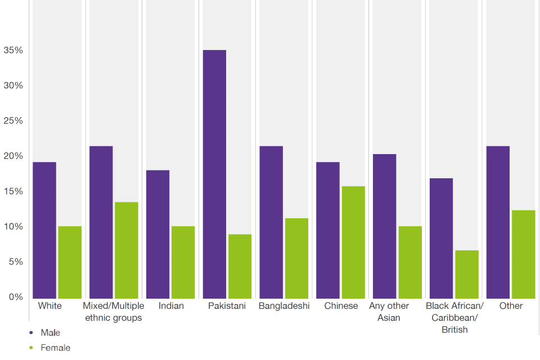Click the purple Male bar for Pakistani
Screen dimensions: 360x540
tap(214, 174)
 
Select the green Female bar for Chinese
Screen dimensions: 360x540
tap(353, 242)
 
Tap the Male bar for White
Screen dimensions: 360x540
tap(44, 230)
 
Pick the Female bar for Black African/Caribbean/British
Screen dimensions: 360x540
tap(467, 274)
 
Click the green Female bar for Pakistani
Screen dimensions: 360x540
tap(240, 266)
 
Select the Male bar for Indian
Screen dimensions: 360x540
tap(157, 234)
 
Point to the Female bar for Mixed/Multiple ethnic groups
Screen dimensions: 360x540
tap(127, 250)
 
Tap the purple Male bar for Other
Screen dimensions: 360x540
tap(498, 222)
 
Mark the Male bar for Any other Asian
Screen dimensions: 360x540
tap(384, 226)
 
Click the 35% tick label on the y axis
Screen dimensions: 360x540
tap(13, 50)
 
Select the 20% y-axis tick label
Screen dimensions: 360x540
tap(13, 156)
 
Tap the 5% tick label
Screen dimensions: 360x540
tap(16, 262)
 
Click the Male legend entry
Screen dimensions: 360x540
tap(50, 332)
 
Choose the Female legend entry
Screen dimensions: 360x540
tap(55, 348)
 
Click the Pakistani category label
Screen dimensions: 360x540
tap(227, 306)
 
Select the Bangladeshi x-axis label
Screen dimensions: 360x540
tap(284, 306)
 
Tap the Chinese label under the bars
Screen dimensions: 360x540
tap(341, 306)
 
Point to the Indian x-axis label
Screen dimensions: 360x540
tap(171, 306)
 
